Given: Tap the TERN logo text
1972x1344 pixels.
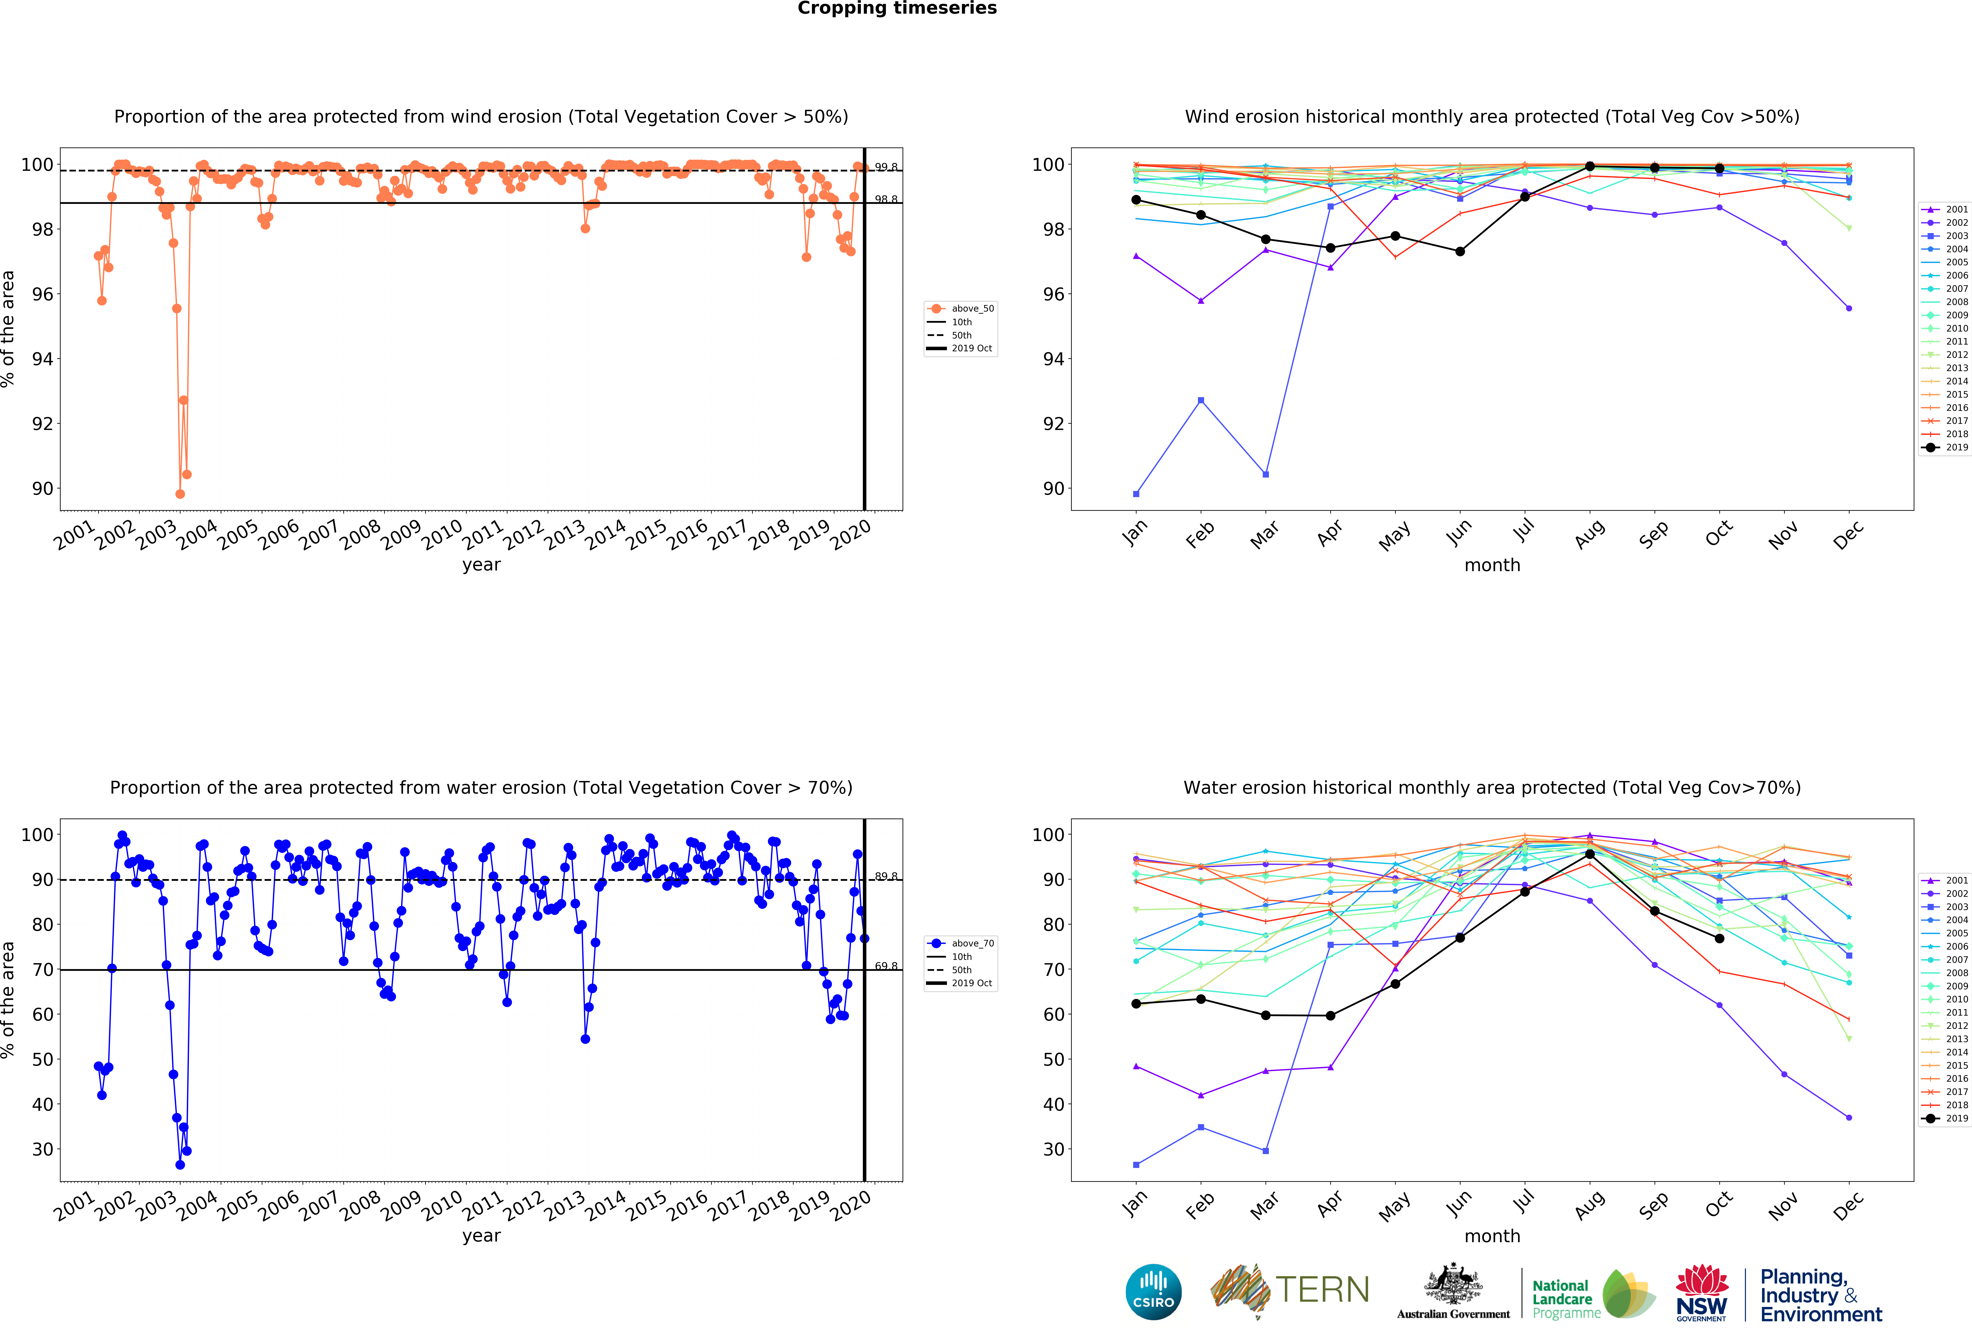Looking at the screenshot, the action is pos(1322,1290).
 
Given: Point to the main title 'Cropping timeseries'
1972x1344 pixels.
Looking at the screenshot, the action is pos(897,8).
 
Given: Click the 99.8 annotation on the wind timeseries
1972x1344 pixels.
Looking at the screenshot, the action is pos(886,167).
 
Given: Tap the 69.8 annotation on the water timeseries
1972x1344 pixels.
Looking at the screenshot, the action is pos(886,966).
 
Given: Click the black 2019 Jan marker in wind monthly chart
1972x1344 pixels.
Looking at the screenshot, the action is pos(1136,199).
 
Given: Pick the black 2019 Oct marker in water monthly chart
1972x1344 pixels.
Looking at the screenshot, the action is pos(1719,938).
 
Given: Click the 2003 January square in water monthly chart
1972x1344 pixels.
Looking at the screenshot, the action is pos(1136,1165).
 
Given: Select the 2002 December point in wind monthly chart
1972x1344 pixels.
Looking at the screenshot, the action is pos(1849,309).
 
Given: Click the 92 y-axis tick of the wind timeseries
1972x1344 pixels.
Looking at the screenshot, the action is pos(42,423).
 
